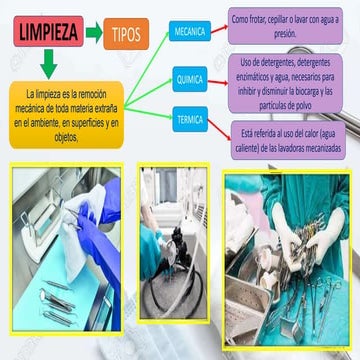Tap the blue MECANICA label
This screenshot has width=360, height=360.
pos(190,32)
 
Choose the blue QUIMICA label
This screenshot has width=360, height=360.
pos(190,77)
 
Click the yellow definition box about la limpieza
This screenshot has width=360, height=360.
pos(65,112)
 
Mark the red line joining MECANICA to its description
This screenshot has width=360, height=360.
pos(219,30)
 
